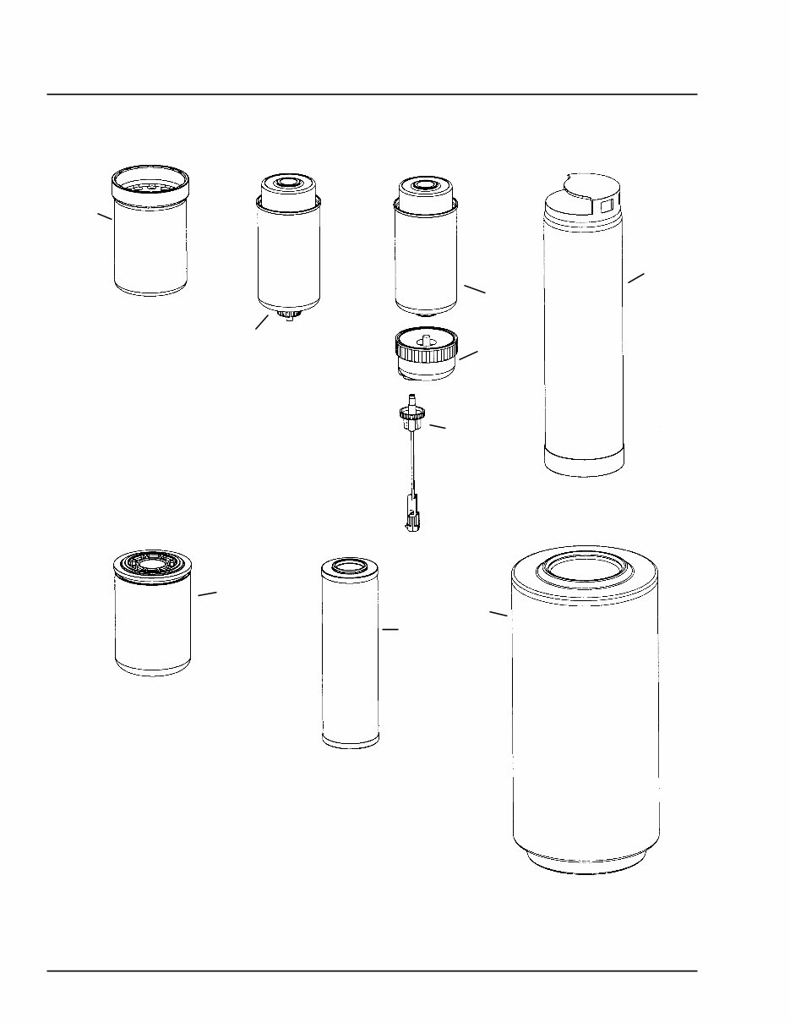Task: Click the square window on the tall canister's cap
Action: click(x=605, y=205)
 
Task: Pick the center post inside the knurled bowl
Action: click(x=427, y=340)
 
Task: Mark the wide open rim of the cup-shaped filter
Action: click(x=150, y=180)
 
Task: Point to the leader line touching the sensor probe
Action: click(x=437, y=427)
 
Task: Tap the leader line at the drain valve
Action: click(x=262, y=323)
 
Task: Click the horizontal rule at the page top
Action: click(x=372, y=95)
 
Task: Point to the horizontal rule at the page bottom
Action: click(x=372, y=971)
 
